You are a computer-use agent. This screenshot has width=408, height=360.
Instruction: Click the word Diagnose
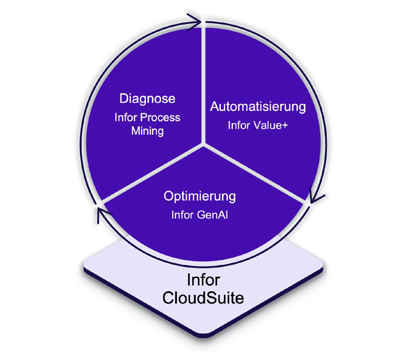pyautogui.click(x=147, y=98)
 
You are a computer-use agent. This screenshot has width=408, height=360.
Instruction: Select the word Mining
pyautogui.click(x=147, y=131)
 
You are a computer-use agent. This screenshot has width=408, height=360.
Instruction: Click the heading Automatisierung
pyautogui.click(x=258, y=107)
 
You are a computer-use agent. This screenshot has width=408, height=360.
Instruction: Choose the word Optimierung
pyautogui.click(x=200, y=196)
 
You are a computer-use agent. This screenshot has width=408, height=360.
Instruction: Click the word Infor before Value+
pyautogui.click(x=239, y=125)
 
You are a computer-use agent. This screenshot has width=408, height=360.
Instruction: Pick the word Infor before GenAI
pyautogui.click(x=183, y=214)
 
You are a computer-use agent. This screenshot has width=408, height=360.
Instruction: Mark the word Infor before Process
pyautogui.click(x=127, y=118)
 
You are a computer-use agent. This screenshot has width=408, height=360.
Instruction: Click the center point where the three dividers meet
pyautogui.click(x=204, y=145)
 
